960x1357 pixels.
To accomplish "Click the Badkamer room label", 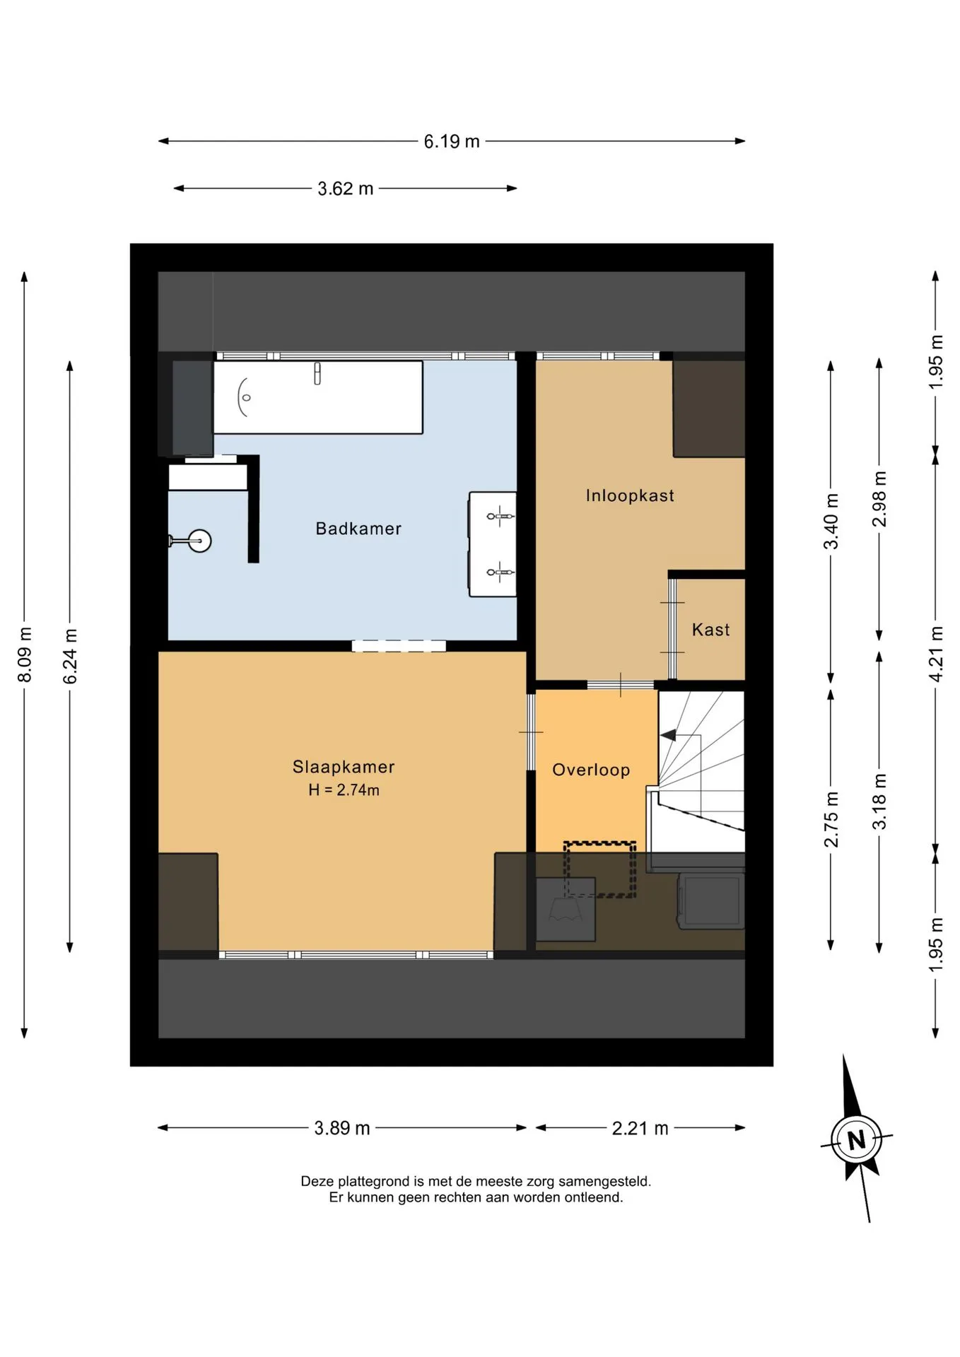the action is (358, 529).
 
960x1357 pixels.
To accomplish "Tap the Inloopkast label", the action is (630, 495).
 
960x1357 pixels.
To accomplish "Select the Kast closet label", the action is (710, 630).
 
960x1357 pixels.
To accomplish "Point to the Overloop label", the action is (591, 770).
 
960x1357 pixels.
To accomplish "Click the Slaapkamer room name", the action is (344, 767).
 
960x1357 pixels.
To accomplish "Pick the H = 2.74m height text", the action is (344, 790).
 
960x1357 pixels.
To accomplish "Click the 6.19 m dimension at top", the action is (452, 141).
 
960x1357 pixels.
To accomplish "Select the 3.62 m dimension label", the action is (345, 189).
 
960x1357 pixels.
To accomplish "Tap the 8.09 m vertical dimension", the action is (25, 654).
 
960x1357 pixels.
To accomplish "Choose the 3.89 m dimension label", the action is (342, 1128).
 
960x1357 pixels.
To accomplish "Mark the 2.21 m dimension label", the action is (640, 1128).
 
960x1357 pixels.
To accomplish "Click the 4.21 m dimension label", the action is (935, 654).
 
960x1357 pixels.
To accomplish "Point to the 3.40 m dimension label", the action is (831, 522).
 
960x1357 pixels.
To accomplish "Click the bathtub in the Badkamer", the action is (318, 397).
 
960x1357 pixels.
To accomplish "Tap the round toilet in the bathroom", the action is (191, 541).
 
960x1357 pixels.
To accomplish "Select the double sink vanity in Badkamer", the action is (492, 544).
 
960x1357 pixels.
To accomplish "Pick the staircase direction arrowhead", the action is (667, 735).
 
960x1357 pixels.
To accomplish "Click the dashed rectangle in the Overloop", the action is (599, 869).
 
